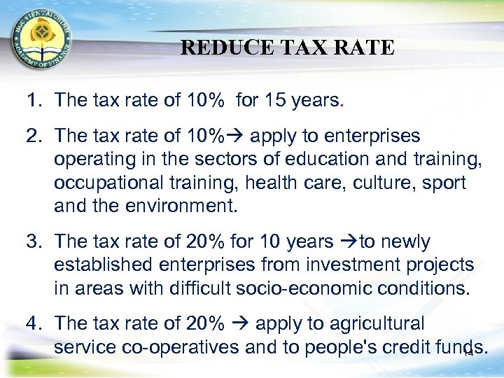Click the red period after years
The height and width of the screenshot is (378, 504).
coord(341,101)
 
